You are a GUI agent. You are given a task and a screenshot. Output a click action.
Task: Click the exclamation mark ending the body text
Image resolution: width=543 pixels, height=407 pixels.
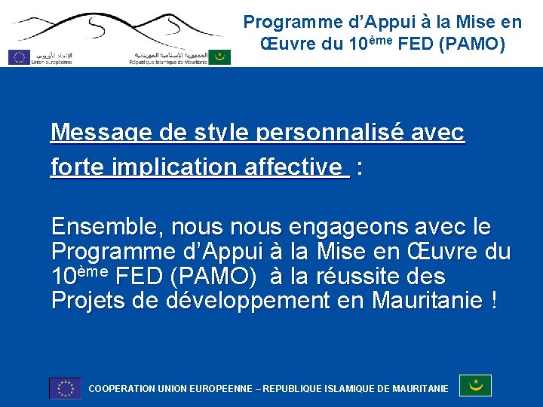pyautogui.click(x=493, y=301)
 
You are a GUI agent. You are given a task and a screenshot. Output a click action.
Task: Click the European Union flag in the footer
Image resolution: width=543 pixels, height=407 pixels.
pyautogui.click(x=65, y=387)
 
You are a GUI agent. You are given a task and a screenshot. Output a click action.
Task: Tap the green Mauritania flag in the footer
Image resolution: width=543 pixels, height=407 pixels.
pyautogui.click(x=475, y=385)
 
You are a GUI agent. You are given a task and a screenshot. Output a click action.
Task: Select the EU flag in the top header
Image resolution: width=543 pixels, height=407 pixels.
pyautogui.click(x=19, y=56)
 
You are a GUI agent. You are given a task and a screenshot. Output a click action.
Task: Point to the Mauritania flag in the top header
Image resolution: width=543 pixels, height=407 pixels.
pyautogui.click(x=219, y=57)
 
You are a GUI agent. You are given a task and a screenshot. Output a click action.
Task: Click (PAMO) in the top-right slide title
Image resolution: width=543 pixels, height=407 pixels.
pyautogui.click(x=477, y=44)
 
